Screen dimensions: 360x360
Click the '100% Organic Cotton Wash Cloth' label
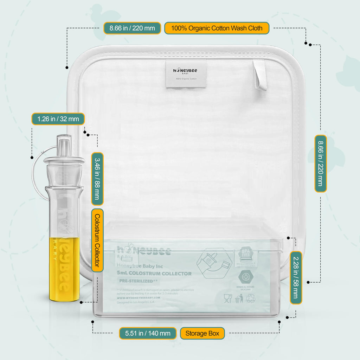pyautogui.click(x=217, y=28)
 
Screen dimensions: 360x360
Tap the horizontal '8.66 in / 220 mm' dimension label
pyautogui.click(x=132, y=28)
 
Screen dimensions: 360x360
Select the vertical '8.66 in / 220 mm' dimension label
pyautogui.click(x=320, y=164)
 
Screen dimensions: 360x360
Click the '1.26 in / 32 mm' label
pyautogui.click(x=58, y=119)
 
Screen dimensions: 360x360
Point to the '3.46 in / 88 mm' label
pyautogui.click(x=97, y=179)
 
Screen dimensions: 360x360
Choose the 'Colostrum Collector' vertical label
pyautogui.click(x=97, y=240)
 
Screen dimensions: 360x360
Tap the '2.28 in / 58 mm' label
pyautogui.click(x=296, y=277)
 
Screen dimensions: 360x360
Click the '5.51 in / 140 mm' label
pyautogui.click(x=148, y=333)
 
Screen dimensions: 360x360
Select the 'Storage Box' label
pyautogui.click(x=202, y=333)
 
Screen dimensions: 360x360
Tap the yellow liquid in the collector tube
pyautogui.click(x=64, y=269)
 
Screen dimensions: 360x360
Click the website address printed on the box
pyautogui.click(x=138, y=297)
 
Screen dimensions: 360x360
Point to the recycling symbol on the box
pyautogui.click(x=250, y=298)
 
